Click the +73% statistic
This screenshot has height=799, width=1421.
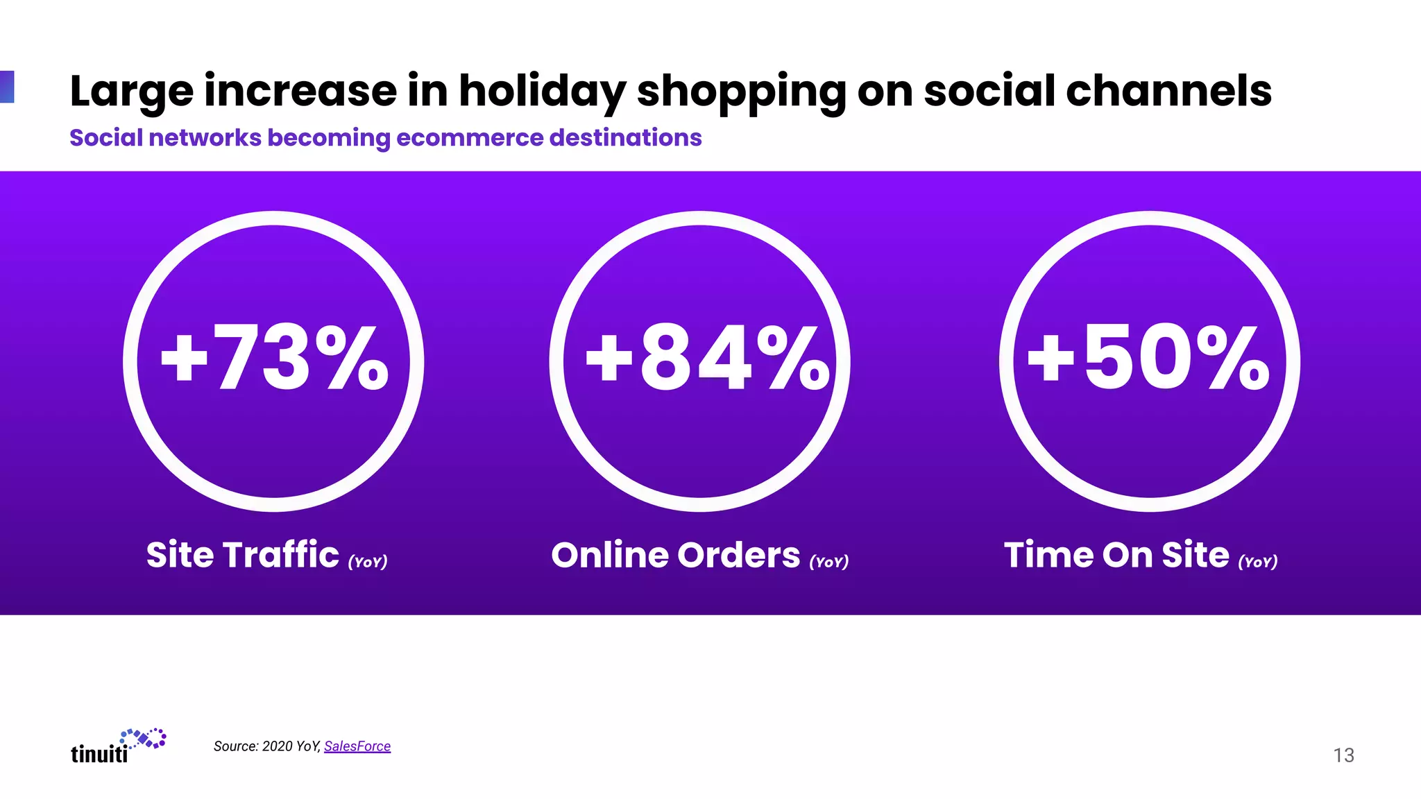point(275,359)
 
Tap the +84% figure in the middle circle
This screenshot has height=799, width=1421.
point(707,359)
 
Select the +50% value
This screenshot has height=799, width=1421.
point(1149,359)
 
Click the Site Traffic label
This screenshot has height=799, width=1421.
point(242,555)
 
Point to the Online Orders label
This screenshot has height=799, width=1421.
point(675,555)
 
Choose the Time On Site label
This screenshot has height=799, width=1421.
point(1116,555)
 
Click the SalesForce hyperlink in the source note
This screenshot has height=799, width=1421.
point(357,746)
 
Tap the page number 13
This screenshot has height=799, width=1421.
point(1343,755)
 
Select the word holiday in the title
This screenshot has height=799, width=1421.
point(542,92)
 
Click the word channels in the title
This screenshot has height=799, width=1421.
point(1168,92)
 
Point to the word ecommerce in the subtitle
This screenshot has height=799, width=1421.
point(468,138)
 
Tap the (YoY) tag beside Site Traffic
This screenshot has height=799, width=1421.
point(368,562)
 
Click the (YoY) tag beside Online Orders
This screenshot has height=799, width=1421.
point(829,562)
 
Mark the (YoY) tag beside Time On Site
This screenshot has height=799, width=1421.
point(1258,562)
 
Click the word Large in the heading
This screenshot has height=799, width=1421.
point(131,92)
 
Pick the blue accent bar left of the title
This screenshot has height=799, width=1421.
point(7,87)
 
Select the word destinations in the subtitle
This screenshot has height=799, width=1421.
point(625,138)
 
